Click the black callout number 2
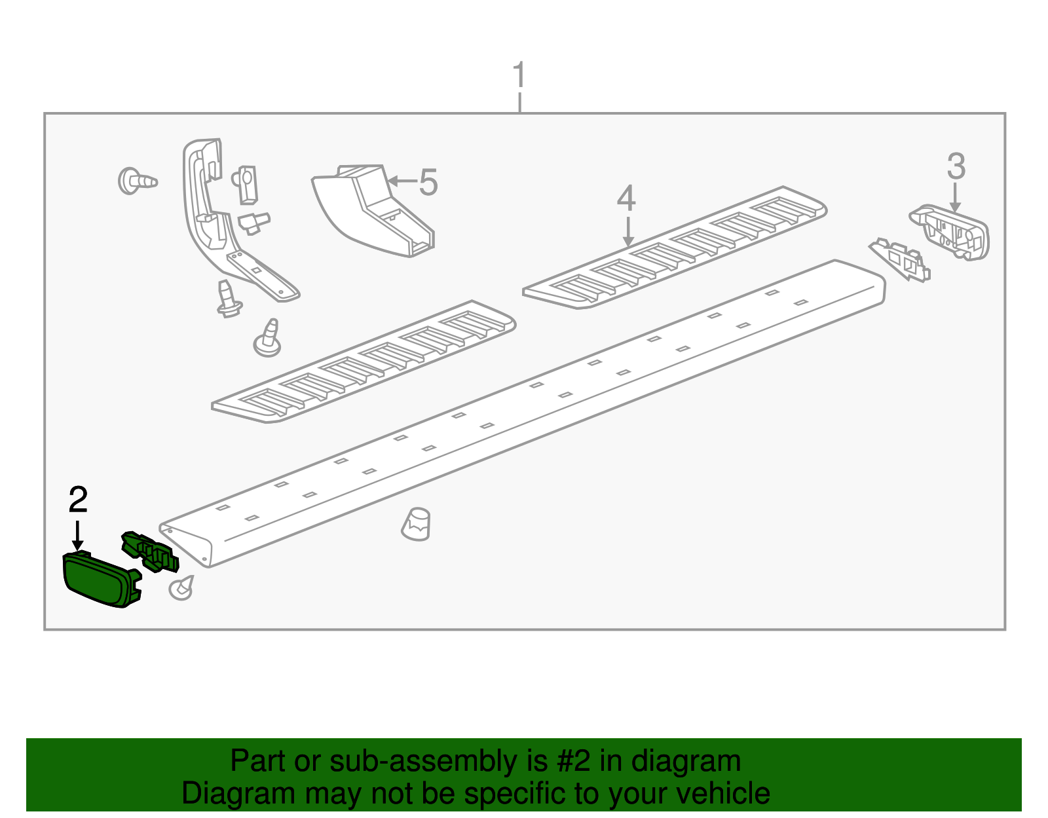tap(78, 500)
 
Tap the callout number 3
tap(956, 166)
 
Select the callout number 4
tap(626, 198)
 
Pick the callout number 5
tap(428, 182)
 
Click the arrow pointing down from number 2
tap(77, 535)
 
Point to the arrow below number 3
tap(955, 196)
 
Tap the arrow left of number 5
tap(402, 181)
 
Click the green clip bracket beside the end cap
tap(150, 551)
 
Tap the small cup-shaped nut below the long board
tap(416, 524)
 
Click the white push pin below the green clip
tap(181, 588)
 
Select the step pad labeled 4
tap(675, 248)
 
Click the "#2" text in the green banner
tap(574, 760)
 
